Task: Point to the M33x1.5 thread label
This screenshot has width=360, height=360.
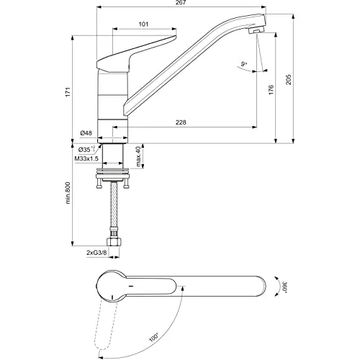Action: pos(86,158)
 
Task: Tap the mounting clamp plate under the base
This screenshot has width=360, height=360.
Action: pos(113,174)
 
